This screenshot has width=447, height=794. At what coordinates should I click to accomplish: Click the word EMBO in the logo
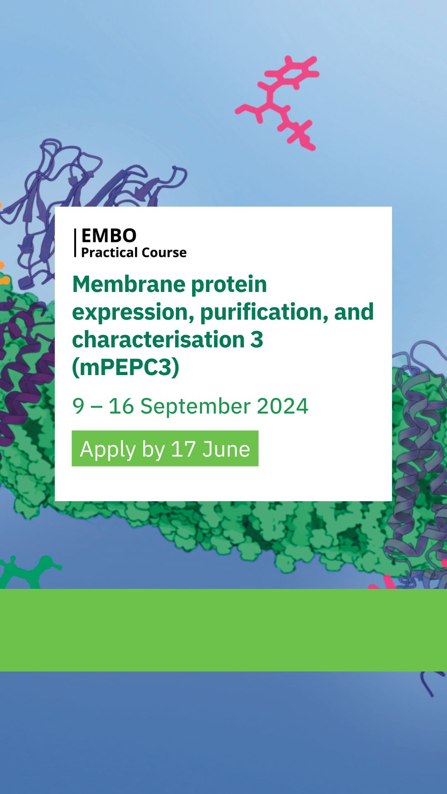(x=109, y=236)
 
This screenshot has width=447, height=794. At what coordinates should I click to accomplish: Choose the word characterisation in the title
(x=159, y=340)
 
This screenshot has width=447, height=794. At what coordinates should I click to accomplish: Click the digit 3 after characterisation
(x=257, y=340)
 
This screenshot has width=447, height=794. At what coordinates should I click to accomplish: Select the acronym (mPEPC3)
(x=126, y=367)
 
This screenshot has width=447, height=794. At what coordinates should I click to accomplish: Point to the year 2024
(x=283, y=406)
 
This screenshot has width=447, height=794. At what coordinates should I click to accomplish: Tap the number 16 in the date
(x=121, y=406)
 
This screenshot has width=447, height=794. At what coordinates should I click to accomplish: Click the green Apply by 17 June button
(x=165, y=449)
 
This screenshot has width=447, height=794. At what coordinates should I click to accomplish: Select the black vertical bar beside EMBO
(x=75, y=243)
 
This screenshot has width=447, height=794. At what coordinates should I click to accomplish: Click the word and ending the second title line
(x=354, y=312)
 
